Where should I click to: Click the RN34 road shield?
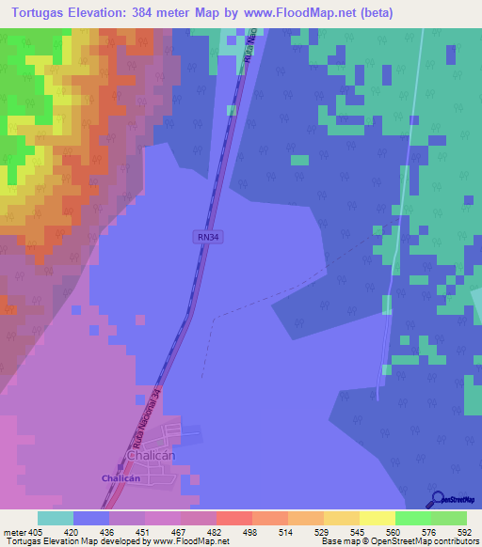pos(209,238)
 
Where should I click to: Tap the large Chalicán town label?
pos(147,457)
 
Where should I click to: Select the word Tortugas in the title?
pos(38,13)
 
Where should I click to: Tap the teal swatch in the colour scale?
pos(56,518)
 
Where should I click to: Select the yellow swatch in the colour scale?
pos(378,518)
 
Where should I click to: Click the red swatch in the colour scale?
pos(233,518)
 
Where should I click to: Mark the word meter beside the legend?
pos(12,531)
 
